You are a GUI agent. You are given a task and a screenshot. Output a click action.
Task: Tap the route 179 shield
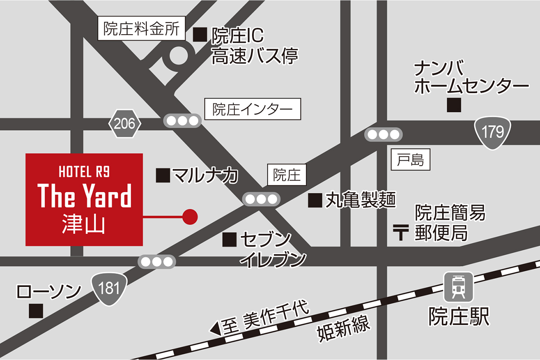493,132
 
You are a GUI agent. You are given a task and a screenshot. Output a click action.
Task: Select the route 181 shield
109,288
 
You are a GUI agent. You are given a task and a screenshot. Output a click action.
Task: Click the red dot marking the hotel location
190,217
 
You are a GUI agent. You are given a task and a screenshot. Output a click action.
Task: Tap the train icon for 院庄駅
458,287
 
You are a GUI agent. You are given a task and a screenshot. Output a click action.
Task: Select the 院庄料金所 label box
141,30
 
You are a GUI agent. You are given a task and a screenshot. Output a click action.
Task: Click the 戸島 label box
410,160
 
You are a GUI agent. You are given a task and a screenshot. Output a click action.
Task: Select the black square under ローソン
36,311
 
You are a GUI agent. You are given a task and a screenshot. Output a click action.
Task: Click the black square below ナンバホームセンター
454,105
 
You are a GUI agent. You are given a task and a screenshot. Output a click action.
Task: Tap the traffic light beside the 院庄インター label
182,121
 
